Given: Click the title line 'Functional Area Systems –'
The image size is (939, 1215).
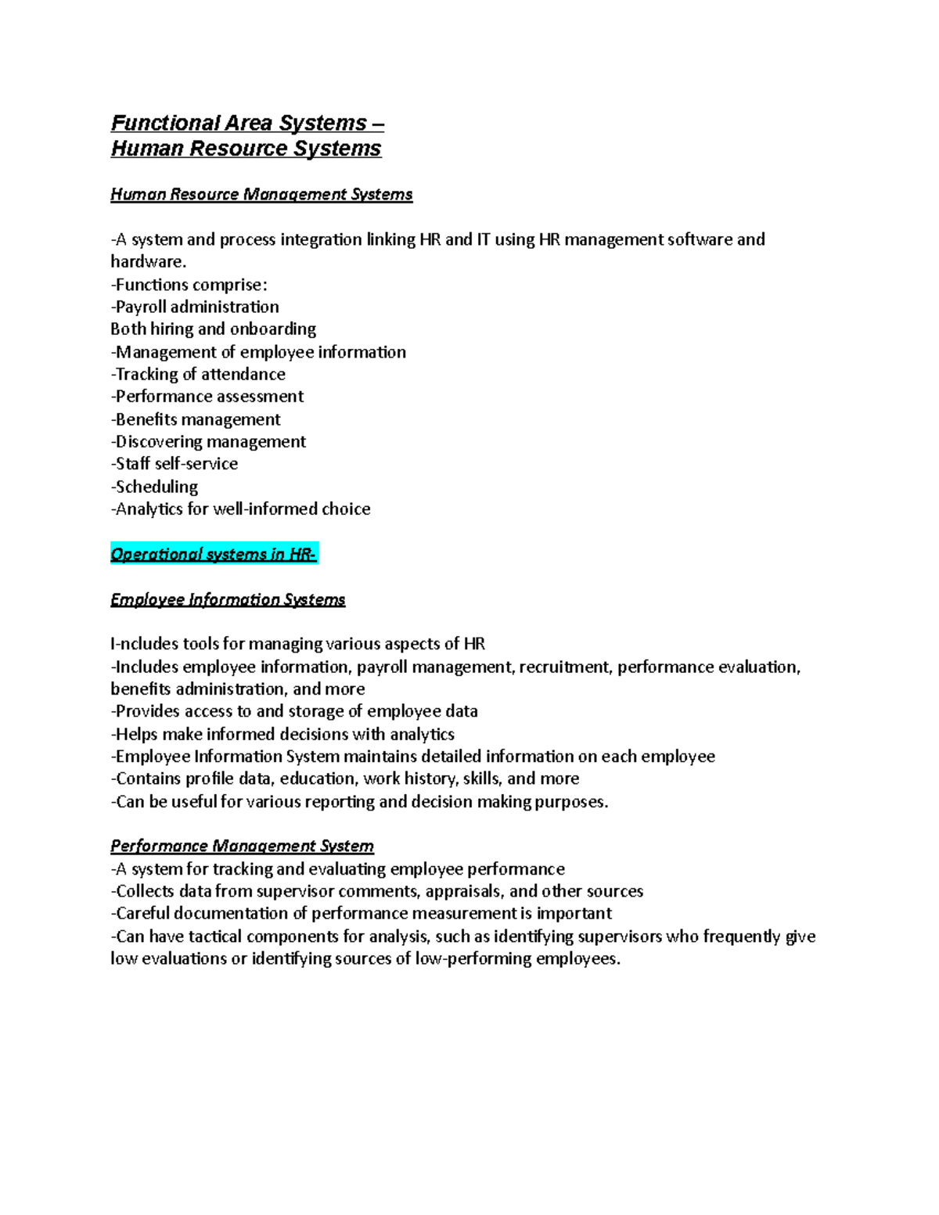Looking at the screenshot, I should tap(246, 123).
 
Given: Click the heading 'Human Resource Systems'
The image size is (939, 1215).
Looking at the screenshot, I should tap(246, 149).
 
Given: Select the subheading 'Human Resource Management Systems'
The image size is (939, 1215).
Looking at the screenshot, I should tap(261, 194).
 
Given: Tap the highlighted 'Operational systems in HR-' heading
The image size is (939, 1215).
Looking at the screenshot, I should tap(214, 554).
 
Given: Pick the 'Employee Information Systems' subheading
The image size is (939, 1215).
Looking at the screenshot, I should tap(228, 599).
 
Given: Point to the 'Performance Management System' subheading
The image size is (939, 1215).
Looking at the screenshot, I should tap(242, 846).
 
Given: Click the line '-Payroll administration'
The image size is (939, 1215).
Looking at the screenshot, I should tap(195, 307).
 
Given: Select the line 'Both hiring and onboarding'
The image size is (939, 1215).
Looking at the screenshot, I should tap(213, 329).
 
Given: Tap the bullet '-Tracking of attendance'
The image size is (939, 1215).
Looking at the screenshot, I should tap(198, 374).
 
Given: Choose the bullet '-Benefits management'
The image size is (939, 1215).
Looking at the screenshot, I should tap(196, 419).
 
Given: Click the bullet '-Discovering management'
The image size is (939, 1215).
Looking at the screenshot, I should tap(208, 441).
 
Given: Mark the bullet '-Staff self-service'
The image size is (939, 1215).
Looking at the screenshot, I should tap(174, 464).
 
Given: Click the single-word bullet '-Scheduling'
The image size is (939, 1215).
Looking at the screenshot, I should tap(154, 487).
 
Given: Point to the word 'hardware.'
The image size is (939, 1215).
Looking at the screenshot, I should tap(149, 261).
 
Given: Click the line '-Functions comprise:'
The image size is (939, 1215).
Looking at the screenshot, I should tap(189, 284).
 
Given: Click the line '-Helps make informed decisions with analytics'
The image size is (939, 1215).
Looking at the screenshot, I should tap(282, 734).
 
